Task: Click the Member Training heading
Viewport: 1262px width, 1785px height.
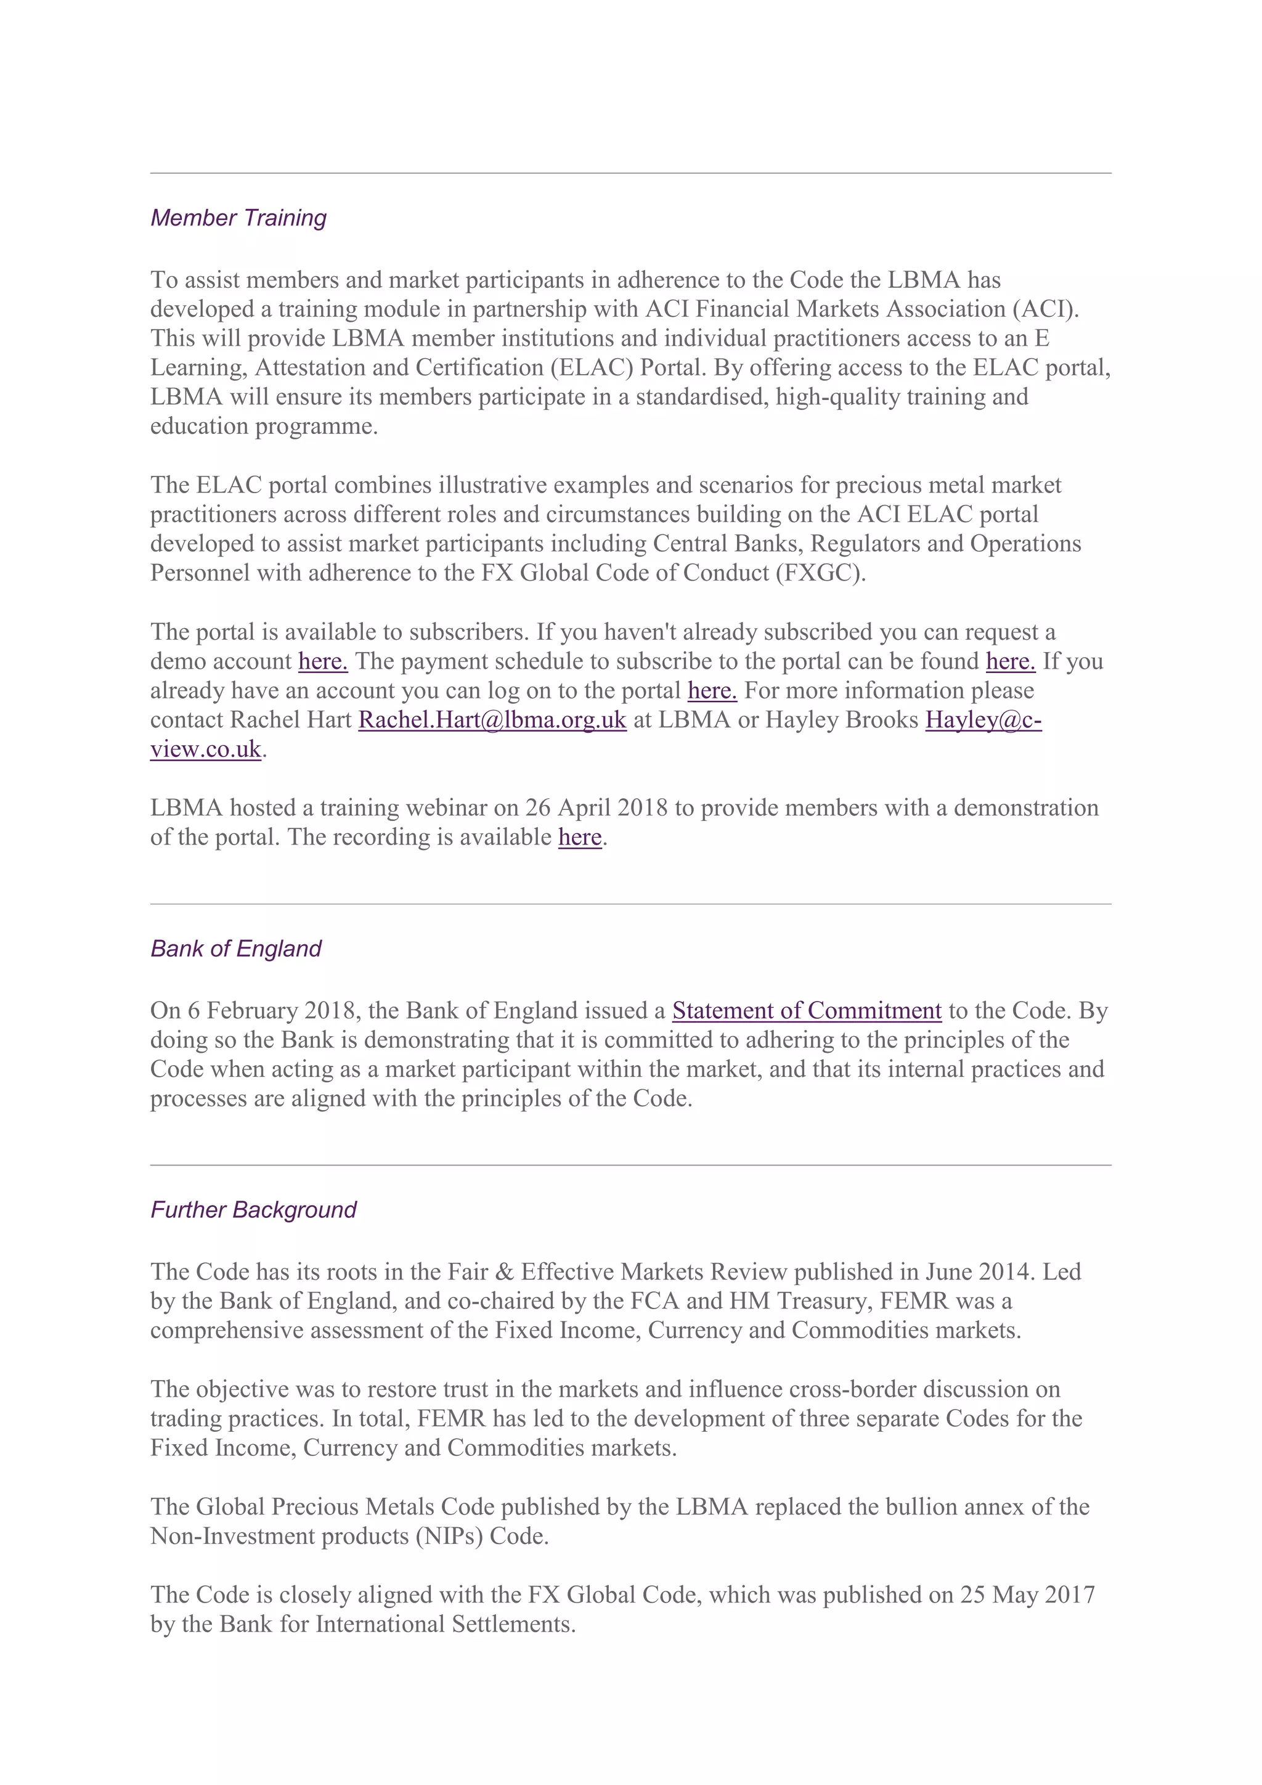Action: (x=238, y=218)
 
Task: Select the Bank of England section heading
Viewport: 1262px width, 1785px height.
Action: (x=235, y=949)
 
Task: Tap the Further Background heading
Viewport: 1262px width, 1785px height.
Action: (x=253, y=1210)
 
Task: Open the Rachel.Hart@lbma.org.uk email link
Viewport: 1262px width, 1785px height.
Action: (x=492, y=720)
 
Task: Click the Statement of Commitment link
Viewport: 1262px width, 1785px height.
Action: (x=807, y=1011)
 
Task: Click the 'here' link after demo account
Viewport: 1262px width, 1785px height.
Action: (x=322, y=661)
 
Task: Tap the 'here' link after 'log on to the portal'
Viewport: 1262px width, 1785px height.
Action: (x=712, y=690)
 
